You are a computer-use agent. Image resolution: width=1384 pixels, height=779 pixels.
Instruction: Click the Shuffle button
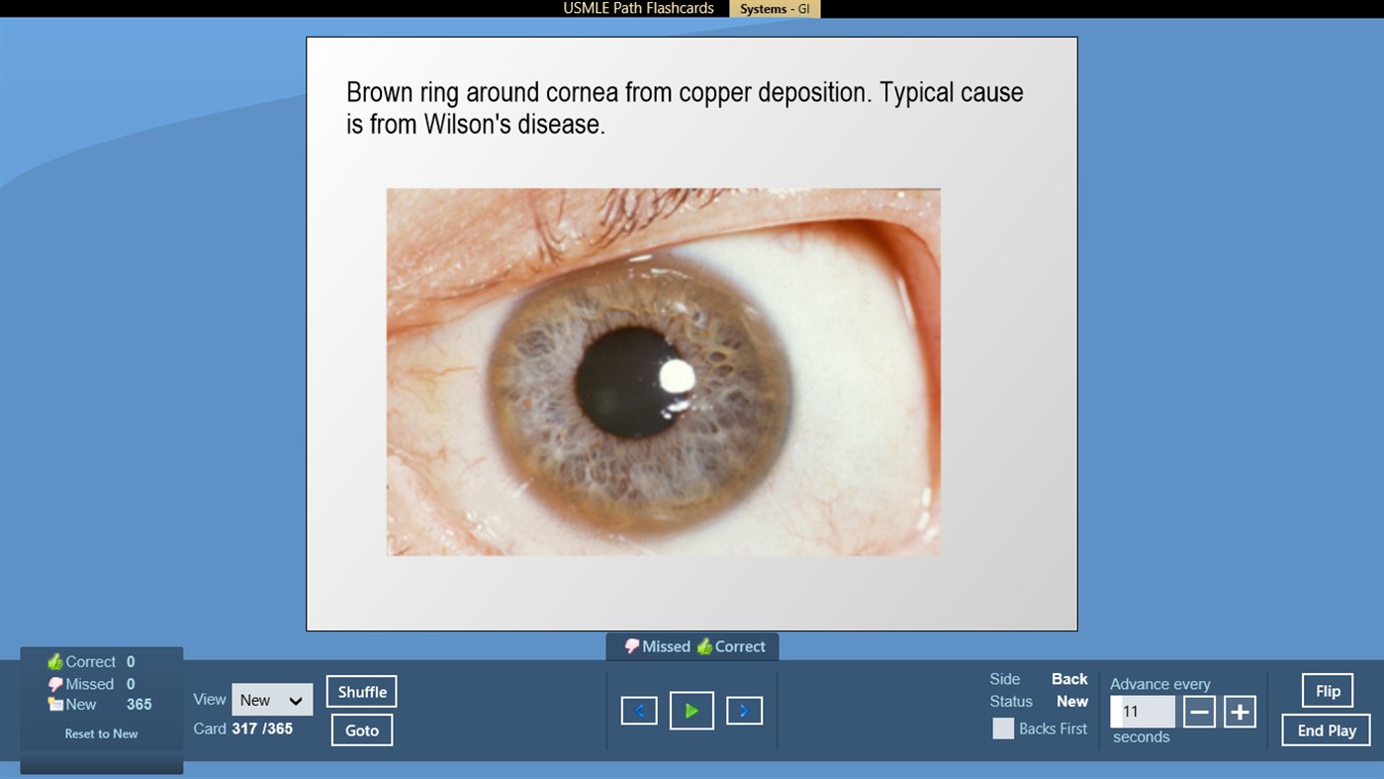(362, 692)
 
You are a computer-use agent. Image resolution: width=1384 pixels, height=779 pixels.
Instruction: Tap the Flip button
(1328, 691)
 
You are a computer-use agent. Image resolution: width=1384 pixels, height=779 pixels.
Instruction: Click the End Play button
(1326, 730)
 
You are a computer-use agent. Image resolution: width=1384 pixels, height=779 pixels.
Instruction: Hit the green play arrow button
(692, 711)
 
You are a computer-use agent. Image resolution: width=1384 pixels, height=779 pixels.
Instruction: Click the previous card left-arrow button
(639, 711)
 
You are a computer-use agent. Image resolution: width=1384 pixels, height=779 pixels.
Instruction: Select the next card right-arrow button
(744, 711)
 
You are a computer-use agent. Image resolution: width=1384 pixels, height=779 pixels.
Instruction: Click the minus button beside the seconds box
(1199, 712)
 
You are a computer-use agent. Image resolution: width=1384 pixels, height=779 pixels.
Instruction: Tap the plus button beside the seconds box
(1240, 712)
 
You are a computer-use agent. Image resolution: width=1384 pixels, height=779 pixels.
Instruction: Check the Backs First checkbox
(1003, 729)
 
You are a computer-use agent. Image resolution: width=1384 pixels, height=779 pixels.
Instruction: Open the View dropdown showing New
(272, 700)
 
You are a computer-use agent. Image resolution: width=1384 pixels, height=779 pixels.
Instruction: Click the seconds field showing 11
(1142, 712)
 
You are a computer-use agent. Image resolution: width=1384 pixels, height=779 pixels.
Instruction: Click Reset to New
(101, 733)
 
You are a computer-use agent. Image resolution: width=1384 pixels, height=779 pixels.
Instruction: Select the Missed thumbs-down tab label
(658, 646)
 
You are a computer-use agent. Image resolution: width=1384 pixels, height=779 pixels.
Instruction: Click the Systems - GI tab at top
(775, 9)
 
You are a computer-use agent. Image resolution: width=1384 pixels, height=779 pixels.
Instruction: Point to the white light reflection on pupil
(677, 376)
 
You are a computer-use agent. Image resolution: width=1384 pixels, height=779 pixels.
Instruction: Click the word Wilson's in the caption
(465, 125)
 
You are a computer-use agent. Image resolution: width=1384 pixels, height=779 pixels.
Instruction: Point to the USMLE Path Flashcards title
(638, 8)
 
